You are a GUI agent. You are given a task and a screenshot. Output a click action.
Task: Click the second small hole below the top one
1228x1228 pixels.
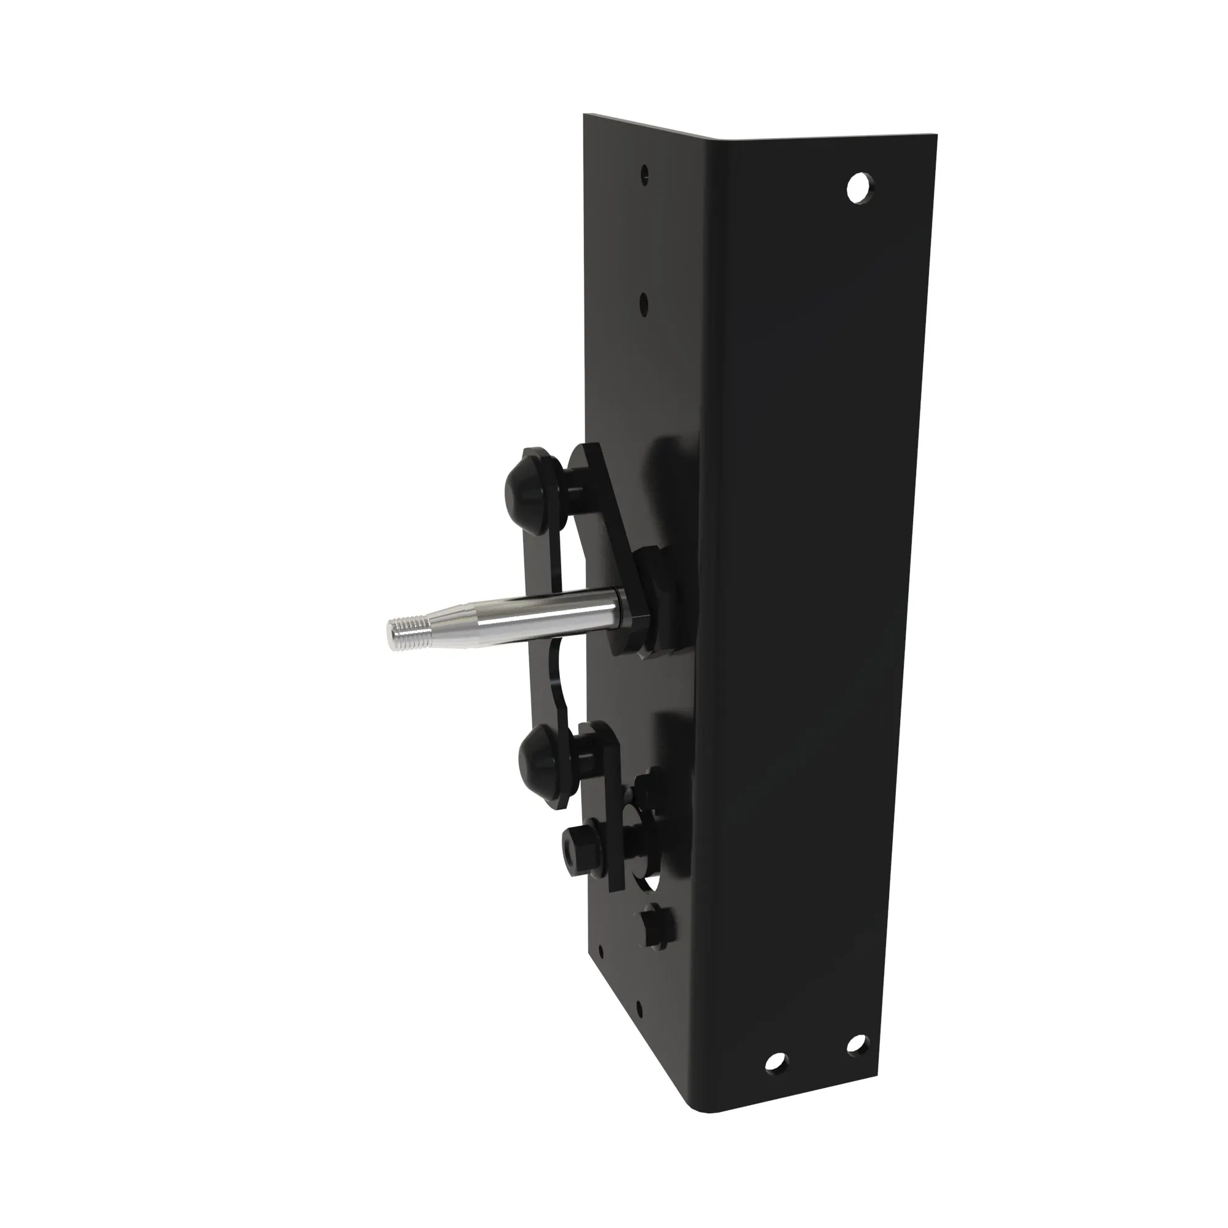pyautogui.click(x=643, y=303)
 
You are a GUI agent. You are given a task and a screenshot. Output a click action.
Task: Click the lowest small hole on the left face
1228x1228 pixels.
pyautogui.click(x=637, y=1008)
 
